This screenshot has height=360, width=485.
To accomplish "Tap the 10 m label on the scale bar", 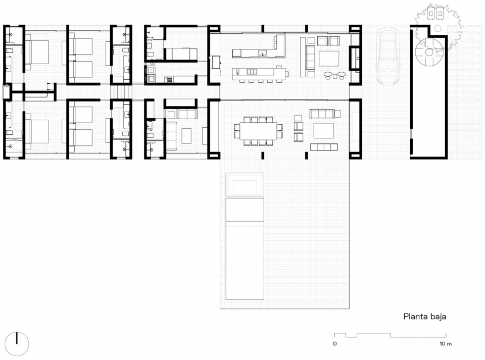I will (x=445, y=344).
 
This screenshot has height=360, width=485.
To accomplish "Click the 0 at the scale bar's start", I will (x=334, y=344).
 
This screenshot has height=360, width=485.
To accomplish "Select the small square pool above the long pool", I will (x=245, y=184).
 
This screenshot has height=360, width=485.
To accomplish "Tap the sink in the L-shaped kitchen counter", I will (x=262, y=53).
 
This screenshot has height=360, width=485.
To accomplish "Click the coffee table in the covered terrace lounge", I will (x=323, y=131).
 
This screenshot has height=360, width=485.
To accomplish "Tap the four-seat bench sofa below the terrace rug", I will (x=323, y=147).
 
